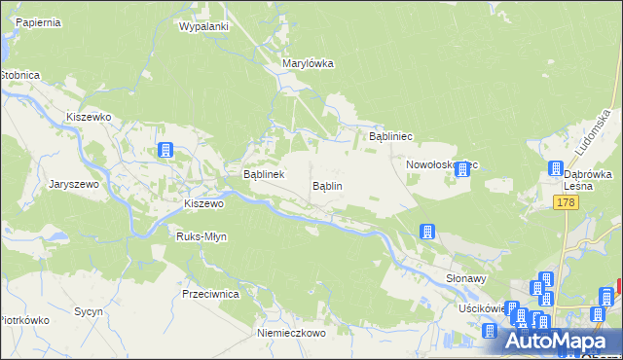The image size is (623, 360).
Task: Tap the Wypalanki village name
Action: [x=203, y=26]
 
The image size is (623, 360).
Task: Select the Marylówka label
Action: [x=308, y=63]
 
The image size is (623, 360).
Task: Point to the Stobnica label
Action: [x=18, y=74]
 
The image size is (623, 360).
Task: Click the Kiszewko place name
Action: [x=89, y=116]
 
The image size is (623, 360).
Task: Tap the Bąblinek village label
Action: [x=263, y=174]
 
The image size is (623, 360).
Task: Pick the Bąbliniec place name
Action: [x=392, y=137]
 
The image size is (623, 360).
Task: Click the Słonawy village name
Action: [x=465, y=277]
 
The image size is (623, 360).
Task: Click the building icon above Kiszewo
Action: [x=166, y=150]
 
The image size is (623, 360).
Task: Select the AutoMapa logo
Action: [x=561, y=341]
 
